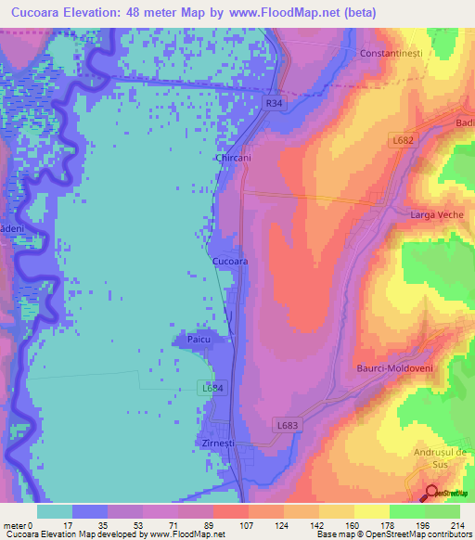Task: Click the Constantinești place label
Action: [x=391, y=54]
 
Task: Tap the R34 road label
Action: [x=273, y=105]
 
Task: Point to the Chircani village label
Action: [x=234, y=159]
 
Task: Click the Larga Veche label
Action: [x=434, y=215]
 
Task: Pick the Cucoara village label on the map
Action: [x=230, y=263]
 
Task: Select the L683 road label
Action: [x=288, y=424]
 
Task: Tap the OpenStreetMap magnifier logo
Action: [x=432, y=492]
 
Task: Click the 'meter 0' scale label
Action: [x=18, y=525]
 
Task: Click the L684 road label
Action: [x=212, y=388]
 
